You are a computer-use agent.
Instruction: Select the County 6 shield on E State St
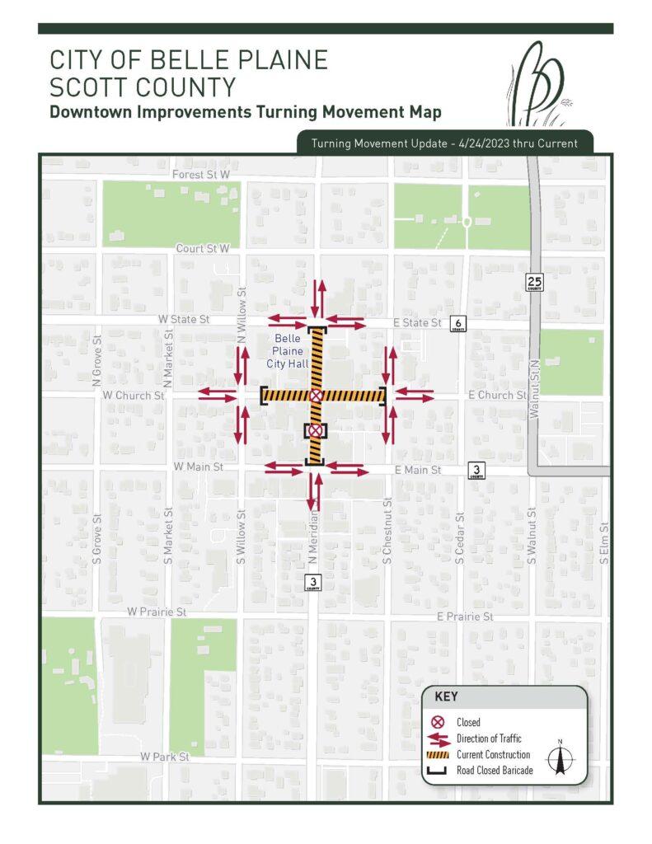click(x=459, y=323)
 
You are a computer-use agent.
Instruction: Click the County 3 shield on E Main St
click(x=476, y=470)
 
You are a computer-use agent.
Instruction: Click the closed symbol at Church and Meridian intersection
click(x=316, y=396)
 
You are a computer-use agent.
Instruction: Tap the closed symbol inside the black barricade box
click(x=315, y=431)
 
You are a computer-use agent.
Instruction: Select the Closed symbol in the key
click(x=439, y=723)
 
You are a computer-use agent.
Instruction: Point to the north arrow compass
click(x=560, y=758)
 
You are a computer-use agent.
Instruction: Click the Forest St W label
click(x=200, y=175)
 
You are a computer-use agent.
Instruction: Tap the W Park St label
click(x=165, y=756)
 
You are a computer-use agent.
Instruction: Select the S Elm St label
click(x=604, y=544)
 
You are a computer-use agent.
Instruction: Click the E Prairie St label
click(x=465, y=617)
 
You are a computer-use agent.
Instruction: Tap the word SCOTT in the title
click(x=90, y=87)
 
